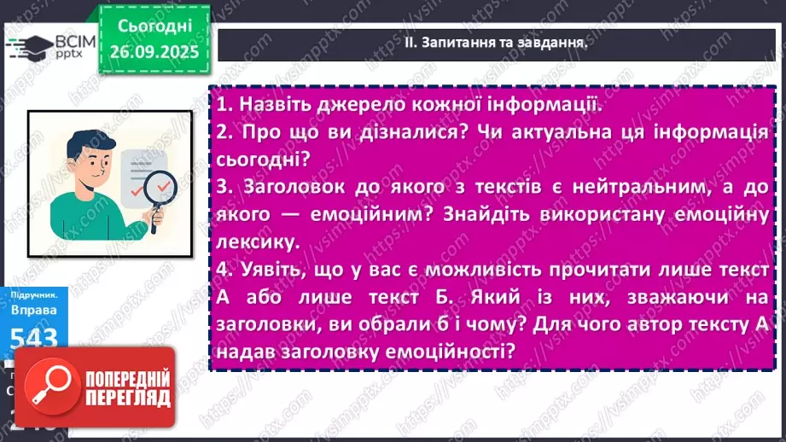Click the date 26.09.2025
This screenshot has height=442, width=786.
154,50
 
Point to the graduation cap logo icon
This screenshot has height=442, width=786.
26,48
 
